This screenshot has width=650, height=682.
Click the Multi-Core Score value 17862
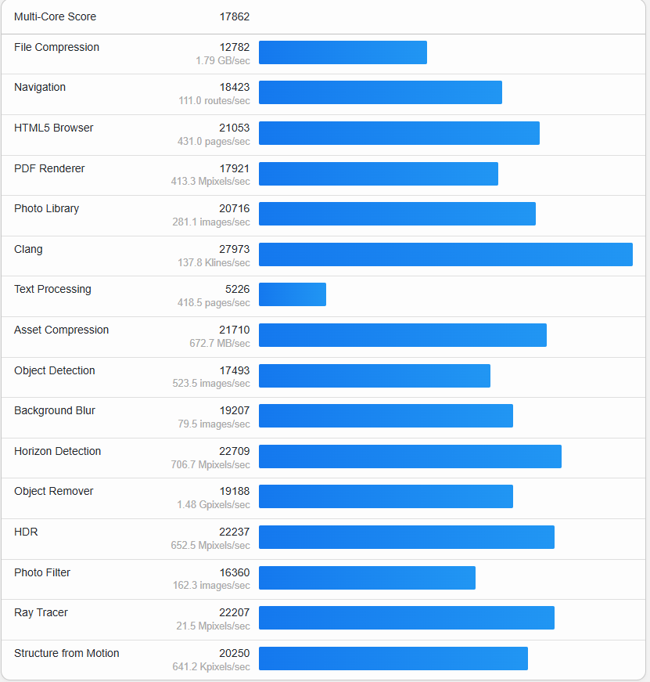point(235,16)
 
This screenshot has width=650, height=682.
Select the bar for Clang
point(445,254)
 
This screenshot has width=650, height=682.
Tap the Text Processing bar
point(292,294)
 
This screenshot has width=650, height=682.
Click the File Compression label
point(56,47)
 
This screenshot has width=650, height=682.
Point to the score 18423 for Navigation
point(235,87)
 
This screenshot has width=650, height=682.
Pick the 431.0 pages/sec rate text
point(214,142)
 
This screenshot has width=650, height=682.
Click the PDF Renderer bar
point(378,174)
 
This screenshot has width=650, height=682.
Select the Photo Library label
point(46,208)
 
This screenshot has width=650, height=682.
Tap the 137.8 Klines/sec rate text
point(214,263)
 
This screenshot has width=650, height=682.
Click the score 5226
point(238,289)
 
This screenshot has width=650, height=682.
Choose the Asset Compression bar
point(402,335)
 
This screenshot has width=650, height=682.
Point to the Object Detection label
point(54,370)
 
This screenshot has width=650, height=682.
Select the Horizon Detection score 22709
point(235,451)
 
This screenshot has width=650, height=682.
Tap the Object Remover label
point(53,491)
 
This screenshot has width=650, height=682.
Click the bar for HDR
point(406,537)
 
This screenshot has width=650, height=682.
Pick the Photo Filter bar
point(367,578)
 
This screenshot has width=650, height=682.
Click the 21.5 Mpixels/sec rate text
point(214,626)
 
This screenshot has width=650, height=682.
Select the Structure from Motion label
point(66,653)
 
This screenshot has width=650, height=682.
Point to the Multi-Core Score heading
point(55,16)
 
